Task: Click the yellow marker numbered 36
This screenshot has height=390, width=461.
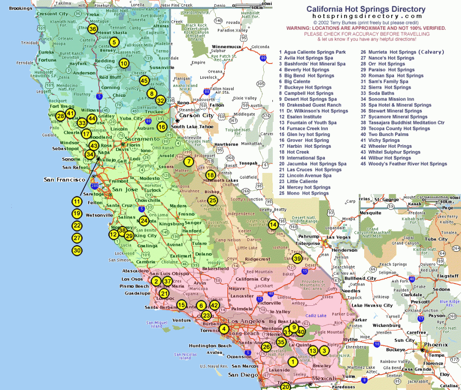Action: tap(93, 29)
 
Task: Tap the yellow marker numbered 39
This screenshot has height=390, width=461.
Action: tap(297, 258)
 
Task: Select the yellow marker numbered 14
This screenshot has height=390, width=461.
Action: tap(273, 224)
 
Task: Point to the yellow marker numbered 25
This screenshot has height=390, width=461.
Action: tap(212, 201)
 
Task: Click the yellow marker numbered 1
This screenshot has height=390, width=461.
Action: tap(293, 361)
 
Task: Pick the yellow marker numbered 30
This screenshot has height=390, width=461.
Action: tap(77, 250)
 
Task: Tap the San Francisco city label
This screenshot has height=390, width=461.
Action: tap(64, 180)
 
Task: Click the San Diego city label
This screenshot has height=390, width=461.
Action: tap(244, 375)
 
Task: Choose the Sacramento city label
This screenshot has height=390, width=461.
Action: tap(143, 139)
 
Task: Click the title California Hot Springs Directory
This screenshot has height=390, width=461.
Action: tap(366, 9)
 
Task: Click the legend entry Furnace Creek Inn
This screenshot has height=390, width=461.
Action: tap(304, 128)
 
